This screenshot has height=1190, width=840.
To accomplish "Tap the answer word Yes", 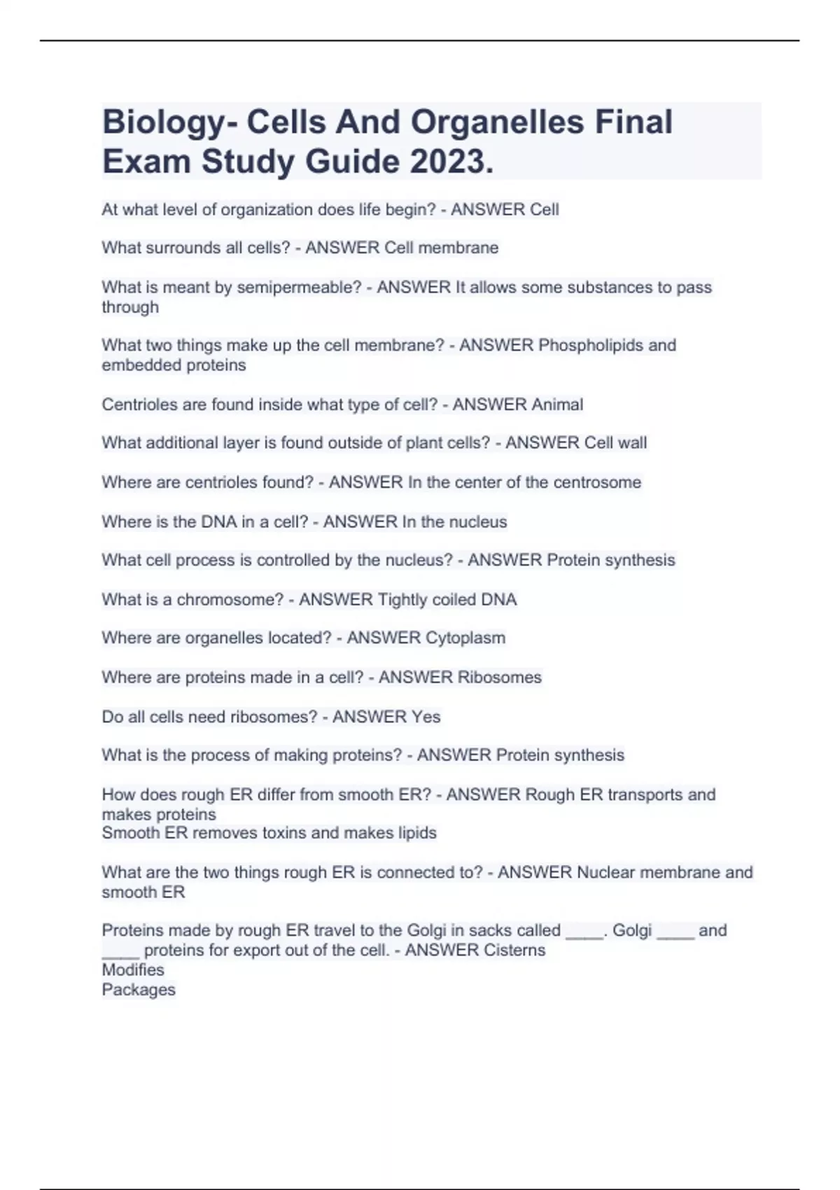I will [426, 717].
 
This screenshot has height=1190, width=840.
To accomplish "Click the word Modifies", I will [133, 969].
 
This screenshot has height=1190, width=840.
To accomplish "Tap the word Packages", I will [139, 990].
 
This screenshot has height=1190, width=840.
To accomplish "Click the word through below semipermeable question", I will [130, 307].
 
